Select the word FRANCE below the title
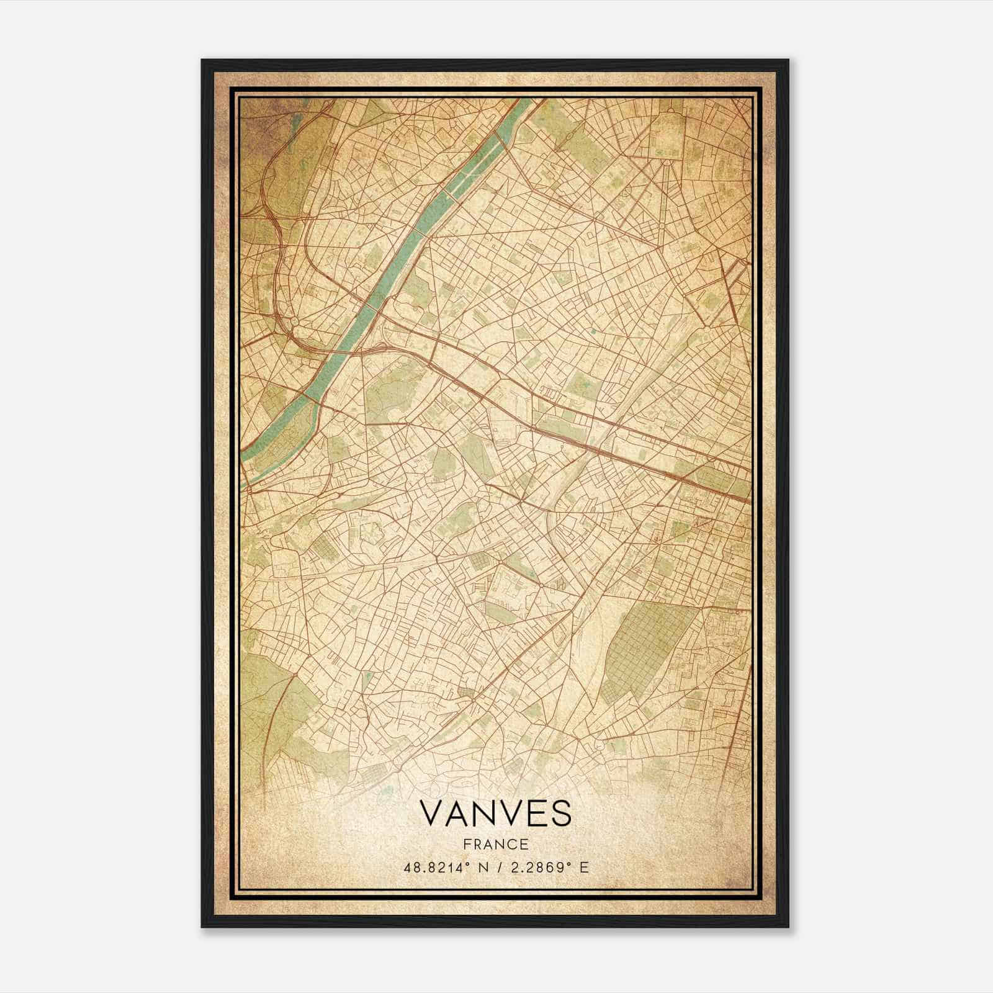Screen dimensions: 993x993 [x=496, y=845]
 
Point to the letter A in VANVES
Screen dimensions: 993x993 [x=461, y=814]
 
